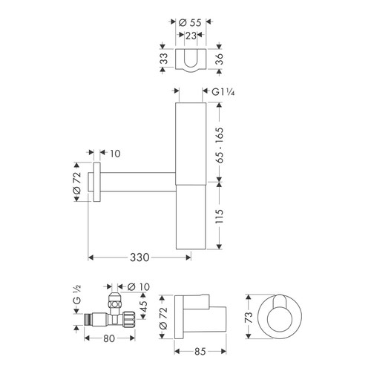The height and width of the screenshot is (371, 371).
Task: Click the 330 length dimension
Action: (x=140, y=257)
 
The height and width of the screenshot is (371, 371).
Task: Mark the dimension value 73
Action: (x=248, y=318)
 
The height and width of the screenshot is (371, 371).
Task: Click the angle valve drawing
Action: (x=111, y=316)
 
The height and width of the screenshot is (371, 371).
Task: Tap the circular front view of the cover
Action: (x=280, y=317)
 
